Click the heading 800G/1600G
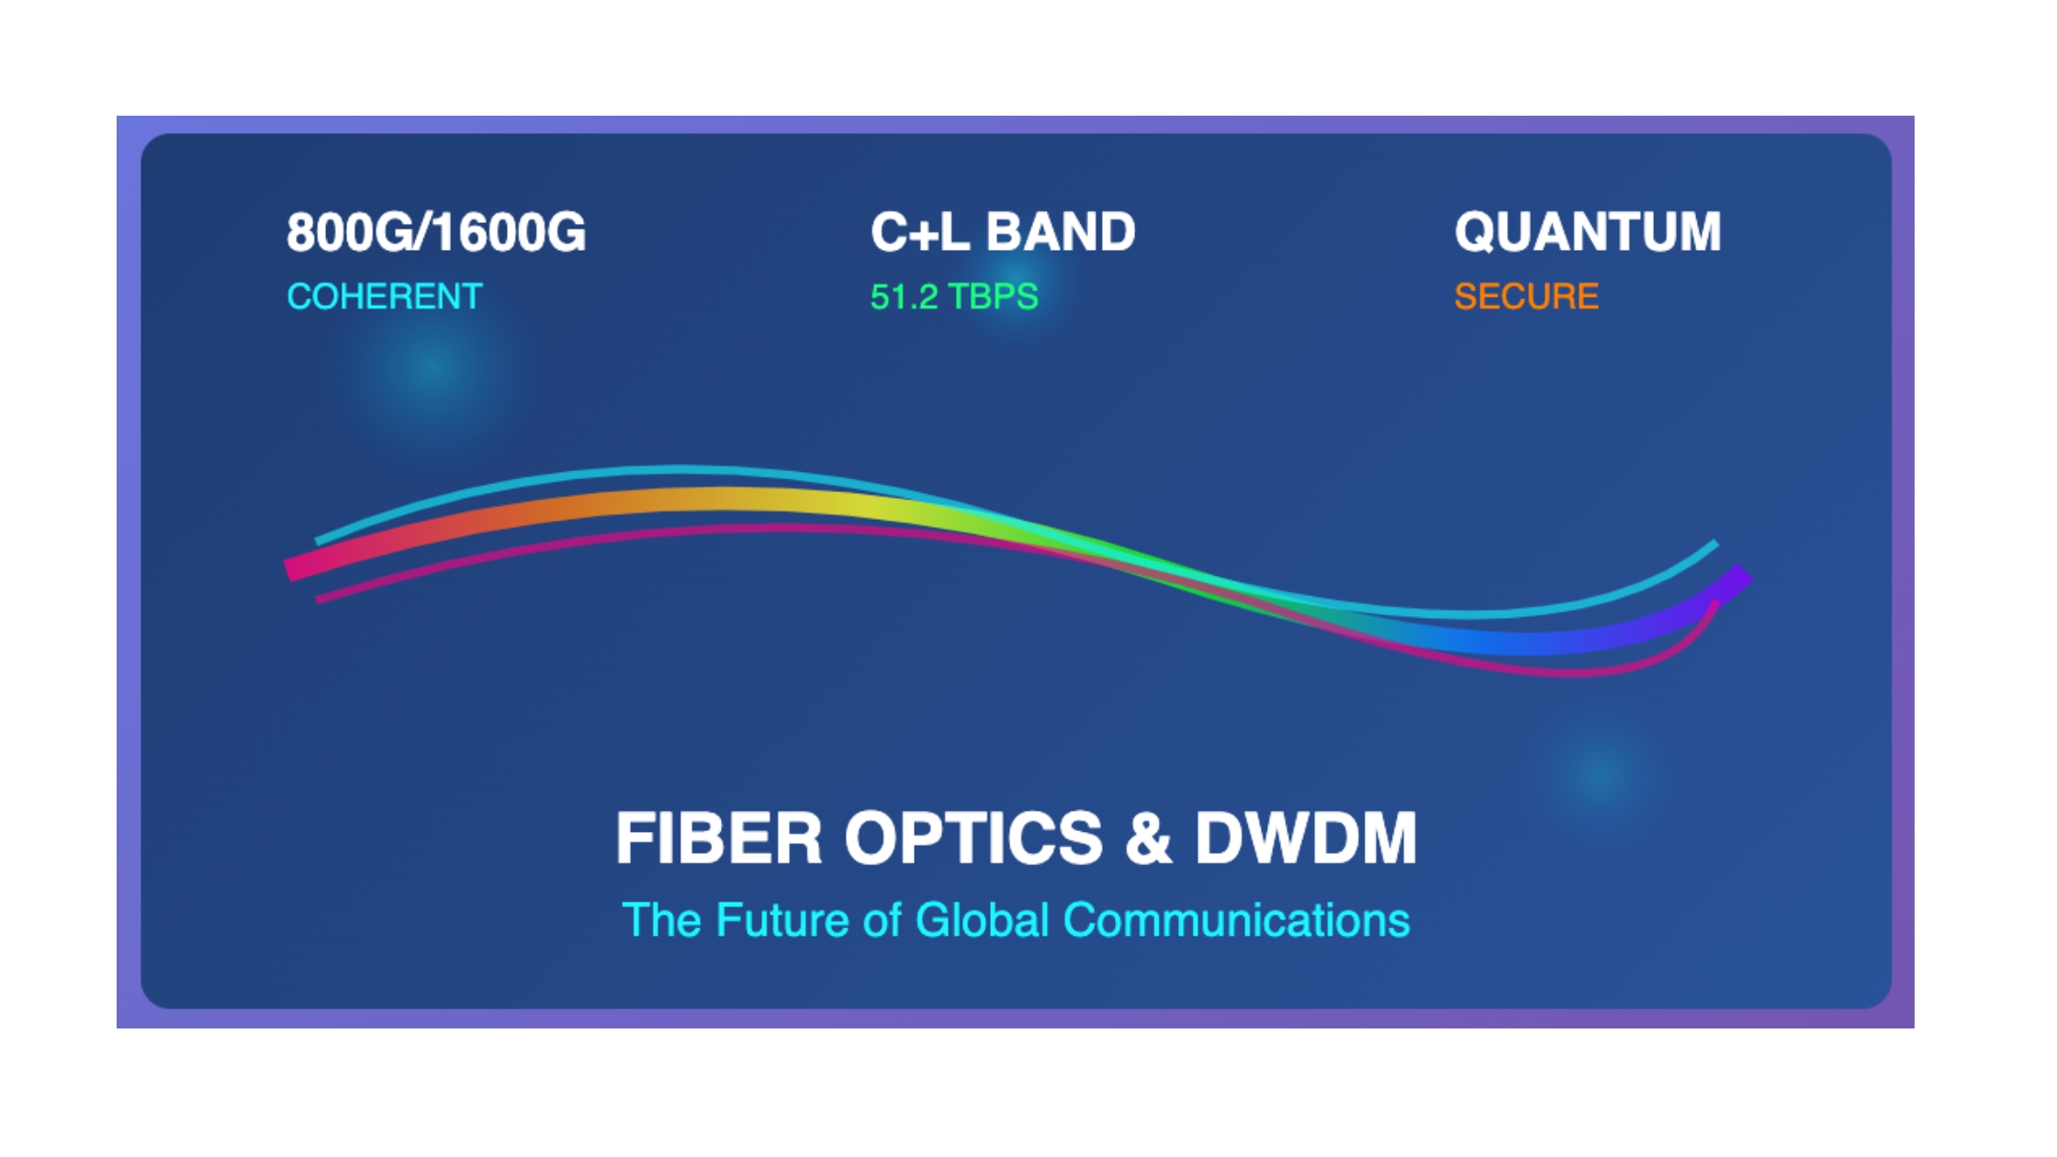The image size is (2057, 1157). click(x=436, y=231)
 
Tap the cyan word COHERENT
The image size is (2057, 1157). click(x=385, y=297)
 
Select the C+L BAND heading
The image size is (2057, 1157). click(x=1003, y=231)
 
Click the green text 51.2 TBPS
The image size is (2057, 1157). click(x=954, y=297)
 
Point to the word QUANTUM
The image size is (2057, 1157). click(x=1588, y=231)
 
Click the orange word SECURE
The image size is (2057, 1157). click(x=1526, y=297)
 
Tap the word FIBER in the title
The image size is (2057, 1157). click(x=719, y=837)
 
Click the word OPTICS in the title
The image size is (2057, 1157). click(x=973, y=837)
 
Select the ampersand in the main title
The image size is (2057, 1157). click(x=1148, y=837)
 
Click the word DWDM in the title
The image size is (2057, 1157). click(x=1306, y=837)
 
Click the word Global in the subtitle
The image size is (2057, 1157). click(x=983, y=920)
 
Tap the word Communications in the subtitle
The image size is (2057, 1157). click(x=1237, y=920)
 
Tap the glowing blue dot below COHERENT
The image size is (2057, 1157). click(x=432, y=368)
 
